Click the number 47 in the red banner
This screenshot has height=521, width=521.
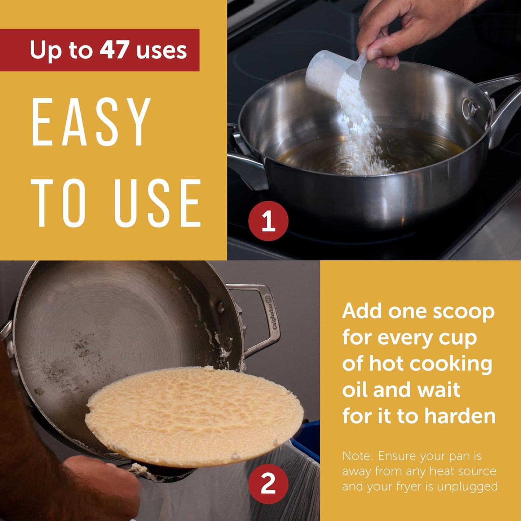(114, 50)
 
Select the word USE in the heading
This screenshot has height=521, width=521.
(158, 203)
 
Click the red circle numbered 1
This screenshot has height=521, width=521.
(268, 221)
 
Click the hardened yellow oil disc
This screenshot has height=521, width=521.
(194, 413)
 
